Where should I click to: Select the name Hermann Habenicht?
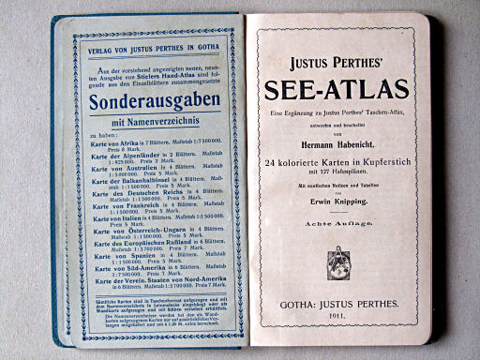pos(336,142)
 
